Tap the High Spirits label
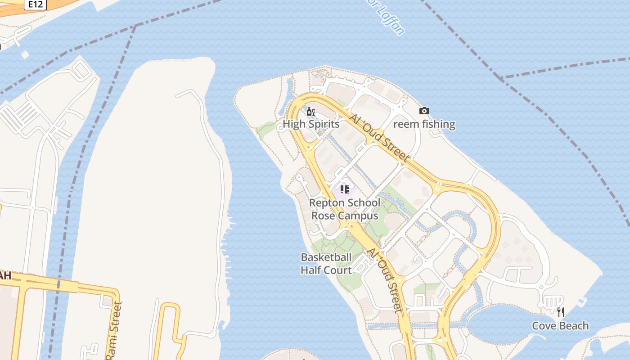tap(311, 124)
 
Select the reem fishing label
tap(424, 124)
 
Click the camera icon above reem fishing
tap(424, 111)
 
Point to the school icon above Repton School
tap(345, 189)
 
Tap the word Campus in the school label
tap(358, 216)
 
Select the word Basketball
tap(326, 257)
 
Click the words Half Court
tap(326, 270)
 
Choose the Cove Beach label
tap(560, 326)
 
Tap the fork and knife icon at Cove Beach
tap(560, 312)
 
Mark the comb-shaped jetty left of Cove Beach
tap(551, 301)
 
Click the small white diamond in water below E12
tap(25, 54)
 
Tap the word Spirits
tap(324, 124)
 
